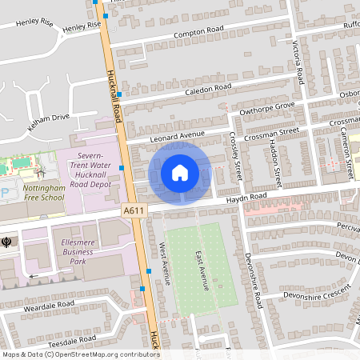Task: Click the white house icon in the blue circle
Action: pos(180,172)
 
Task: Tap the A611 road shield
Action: pos(134,210)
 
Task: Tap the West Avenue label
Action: pos(166,263)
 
